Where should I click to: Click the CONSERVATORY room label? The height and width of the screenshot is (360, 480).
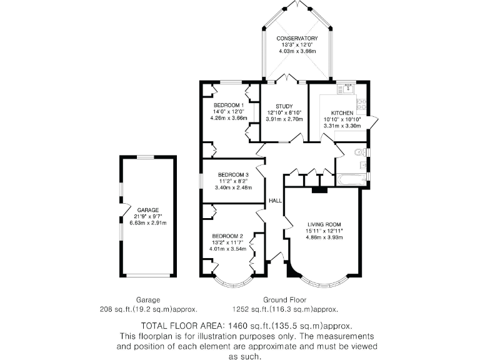[x=297, y=39]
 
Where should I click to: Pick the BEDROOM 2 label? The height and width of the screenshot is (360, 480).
[x=226, y=236]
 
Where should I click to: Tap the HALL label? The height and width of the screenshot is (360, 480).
[x=275, y=201]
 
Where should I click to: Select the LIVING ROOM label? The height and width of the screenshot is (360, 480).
[x=324, y=224]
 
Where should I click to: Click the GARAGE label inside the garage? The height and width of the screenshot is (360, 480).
[x=148, y=210]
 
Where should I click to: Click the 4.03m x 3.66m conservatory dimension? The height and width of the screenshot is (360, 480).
[x=297, y=51]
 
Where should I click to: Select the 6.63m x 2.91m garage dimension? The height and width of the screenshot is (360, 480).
[x=148, y=222]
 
